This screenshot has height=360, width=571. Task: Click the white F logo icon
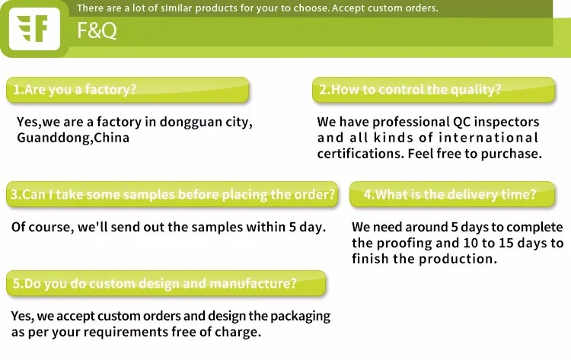[x=34, y=29]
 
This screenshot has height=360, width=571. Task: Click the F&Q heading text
[x=97, y=30]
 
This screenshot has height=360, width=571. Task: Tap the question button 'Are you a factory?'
[x=127, y=90]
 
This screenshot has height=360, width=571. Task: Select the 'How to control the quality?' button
[x=434, y=90]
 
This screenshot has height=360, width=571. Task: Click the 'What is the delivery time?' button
[x=452, y=194]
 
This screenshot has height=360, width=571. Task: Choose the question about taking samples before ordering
[x=172, y=194]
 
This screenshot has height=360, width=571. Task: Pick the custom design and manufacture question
[x=166, y=284]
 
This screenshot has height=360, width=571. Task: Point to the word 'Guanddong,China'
[x=73, y=139]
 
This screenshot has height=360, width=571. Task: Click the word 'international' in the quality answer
[x=488, y=138]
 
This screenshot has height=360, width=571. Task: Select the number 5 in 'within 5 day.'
[x=293, y=227]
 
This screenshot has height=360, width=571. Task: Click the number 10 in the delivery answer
[x=471, y=243]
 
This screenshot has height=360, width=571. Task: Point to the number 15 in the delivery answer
[x=506, y=243]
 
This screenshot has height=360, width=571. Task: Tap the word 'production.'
[x=458, y=260]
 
